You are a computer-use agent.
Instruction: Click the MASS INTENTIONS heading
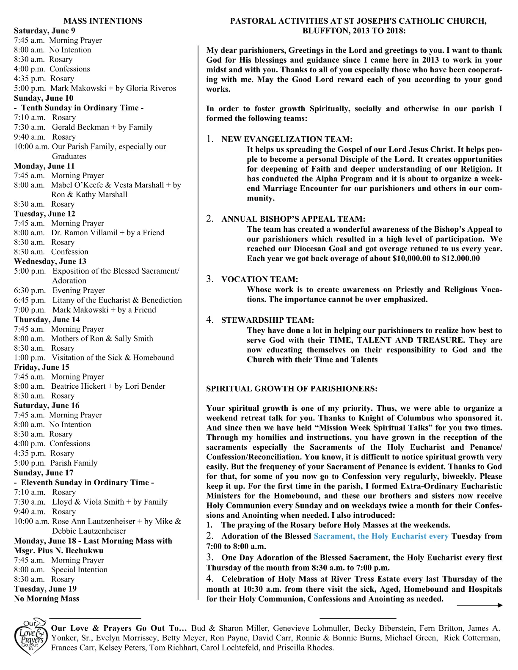pos(102,21)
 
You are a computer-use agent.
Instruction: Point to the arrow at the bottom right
pos(479,605)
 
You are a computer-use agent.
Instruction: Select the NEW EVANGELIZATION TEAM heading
pos(287,139)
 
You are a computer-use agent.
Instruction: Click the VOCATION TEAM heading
pos(259,279)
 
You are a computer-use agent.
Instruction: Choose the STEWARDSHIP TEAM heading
pos(267,320)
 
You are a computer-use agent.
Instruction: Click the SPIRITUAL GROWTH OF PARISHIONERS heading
pos(292,389)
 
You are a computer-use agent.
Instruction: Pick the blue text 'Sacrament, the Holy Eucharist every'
pos(380,536)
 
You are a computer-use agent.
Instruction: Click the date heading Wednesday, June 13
pos(50,261)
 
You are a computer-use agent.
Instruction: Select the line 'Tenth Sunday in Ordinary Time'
pos(82,108)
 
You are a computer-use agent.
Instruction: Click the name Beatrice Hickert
pos(78,386)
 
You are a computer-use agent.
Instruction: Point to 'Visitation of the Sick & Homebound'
pos(113,357)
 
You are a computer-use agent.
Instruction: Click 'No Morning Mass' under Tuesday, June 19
pos(47,599)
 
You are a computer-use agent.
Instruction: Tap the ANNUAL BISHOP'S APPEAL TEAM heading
pos(293,219)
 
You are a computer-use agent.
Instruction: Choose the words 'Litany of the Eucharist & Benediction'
pos(117,300)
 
